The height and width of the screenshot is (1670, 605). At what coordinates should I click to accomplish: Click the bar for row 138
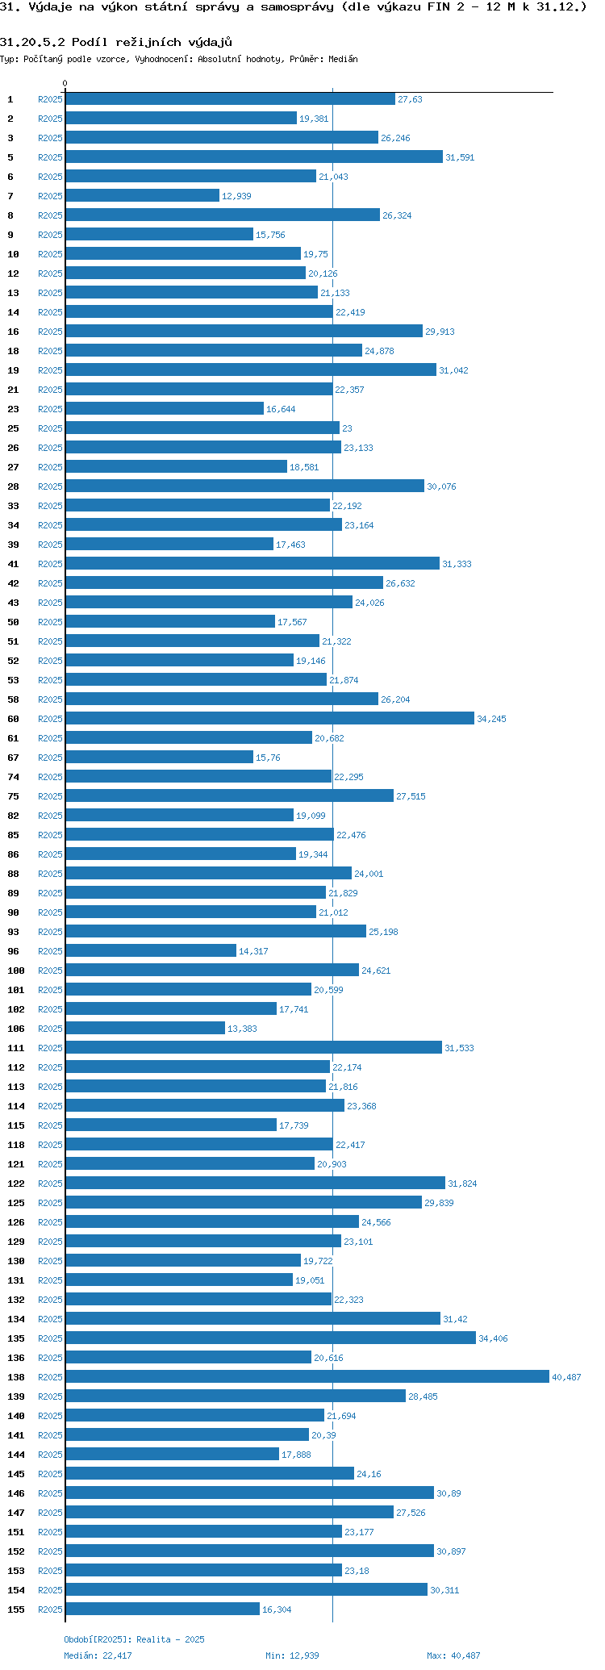(307, 1376)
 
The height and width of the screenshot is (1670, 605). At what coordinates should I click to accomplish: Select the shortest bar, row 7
(142, 195)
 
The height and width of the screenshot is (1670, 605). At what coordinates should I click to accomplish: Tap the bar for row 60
(269, 718)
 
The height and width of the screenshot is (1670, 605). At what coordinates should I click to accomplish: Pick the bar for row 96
(151, 950)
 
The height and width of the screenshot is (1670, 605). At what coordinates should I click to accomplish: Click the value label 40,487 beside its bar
(566, 1377)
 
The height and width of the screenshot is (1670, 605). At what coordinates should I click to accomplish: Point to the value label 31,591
(460, 157)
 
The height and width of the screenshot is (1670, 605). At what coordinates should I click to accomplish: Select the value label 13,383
(242, 1029)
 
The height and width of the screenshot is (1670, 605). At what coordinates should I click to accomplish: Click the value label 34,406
(493, 1338)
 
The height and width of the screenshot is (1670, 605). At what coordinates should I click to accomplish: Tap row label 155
(16, 1609)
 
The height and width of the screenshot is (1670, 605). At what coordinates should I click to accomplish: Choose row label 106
(16, 1029)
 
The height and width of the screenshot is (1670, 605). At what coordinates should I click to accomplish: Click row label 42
(13, 583)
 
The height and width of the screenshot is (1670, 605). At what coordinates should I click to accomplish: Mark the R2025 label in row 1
(50, 99)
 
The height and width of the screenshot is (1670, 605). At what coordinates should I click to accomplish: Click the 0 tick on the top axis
(65, 84)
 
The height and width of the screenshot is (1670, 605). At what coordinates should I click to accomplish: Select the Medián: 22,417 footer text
(98, 1655)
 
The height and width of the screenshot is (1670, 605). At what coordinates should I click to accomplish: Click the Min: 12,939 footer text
(292, 1655)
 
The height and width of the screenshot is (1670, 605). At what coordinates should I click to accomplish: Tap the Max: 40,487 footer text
(453, 1655)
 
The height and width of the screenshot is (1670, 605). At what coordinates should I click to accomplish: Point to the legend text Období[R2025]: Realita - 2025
(134, 1639)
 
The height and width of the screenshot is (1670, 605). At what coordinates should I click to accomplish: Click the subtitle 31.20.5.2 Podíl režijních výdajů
(116, 42)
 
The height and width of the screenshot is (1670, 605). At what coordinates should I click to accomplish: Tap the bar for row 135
(270, 1338)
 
